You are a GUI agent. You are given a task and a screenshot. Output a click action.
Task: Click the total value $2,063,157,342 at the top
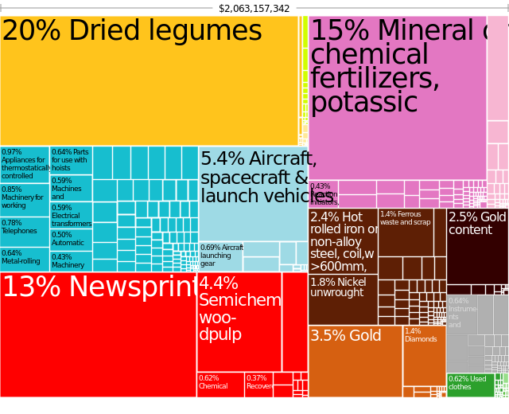[254, 8]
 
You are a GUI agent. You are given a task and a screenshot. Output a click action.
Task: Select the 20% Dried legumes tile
[149, 80]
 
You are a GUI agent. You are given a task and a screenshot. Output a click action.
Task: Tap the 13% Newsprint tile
[98, 334]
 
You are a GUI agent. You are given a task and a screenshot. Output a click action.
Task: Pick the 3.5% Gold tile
[355, 361]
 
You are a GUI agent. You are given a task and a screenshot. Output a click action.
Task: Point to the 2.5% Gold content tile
[477, 247]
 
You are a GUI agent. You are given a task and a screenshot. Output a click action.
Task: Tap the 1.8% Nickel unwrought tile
[343, 299]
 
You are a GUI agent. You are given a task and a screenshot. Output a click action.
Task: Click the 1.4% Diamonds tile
[424, 355]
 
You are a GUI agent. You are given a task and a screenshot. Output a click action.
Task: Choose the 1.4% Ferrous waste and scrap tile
[405, 232]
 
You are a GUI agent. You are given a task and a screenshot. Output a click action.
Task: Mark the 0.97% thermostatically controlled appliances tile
[25, 164]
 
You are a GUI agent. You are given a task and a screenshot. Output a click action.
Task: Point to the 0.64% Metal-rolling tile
[25, 259]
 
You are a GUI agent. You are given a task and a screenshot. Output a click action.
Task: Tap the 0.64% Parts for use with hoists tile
[71, 160]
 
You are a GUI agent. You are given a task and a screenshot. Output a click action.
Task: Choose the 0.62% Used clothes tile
[470, 385]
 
